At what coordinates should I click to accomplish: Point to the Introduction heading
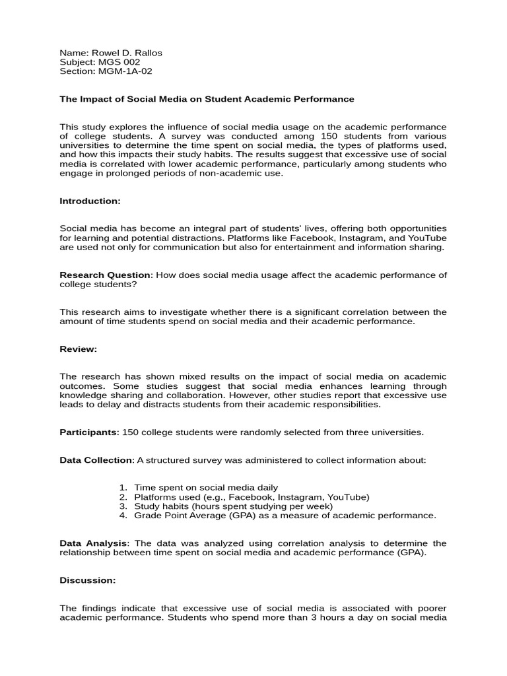(x=90, y=200)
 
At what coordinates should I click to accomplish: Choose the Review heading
(x=78, y=349)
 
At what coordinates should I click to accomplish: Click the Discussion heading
(x=88, y=580)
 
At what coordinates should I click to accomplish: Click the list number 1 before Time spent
(x=123, y=488)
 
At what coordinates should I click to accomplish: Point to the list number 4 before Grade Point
(x=123, y=516)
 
